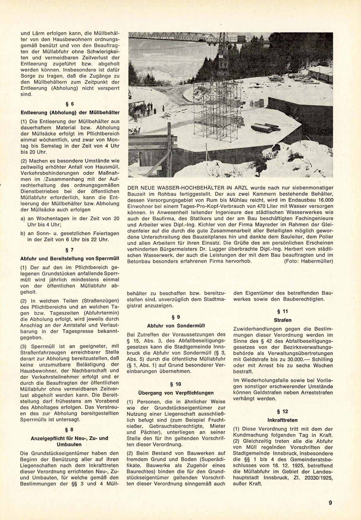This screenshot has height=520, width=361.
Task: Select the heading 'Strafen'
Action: pos(283,320)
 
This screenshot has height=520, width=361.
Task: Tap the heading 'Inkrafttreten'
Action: pos(283,420)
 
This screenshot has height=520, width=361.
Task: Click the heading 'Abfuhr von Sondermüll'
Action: pos(176,326)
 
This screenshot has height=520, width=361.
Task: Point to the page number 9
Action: pos(330,503)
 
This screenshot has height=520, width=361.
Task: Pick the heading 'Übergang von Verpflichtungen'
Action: pos(176,393)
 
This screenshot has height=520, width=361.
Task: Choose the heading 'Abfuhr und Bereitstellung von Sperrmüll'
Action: pos(70,258)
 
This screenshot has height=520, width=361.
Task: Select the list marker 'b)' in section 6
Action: pos(23,234)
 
